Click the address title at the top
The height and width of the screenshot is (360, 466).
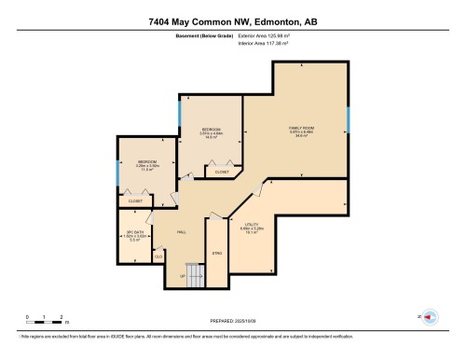pos(232,21)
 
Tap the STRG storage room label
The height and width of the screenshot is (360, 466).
pos(216,253)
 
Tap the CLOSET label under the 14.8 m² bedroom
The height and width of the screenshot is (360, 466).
pos(222,172)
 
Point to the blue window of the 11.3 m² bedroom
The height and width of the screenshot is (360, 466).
pos(116,173)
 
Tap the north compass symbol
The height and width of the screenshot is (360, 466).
pos(430,316)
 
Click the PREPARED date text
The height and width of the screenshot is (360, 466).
pos(232,317)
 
